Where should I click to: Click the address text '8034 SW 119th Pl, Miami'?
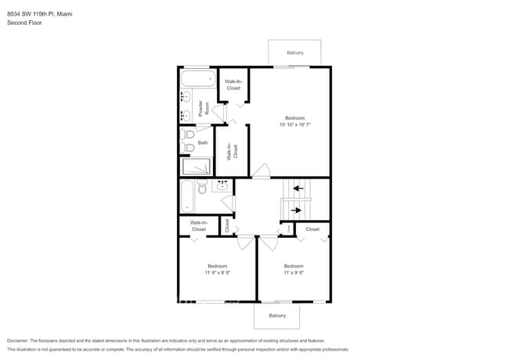(39, 13)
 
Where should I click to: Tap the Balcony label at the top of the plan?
(294, 52)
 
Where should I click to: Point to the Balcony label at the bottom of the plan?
(277, 315)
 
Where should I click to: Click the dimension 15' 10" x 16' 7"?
(294, 124)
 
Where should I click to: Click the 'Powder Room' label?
(204, 110)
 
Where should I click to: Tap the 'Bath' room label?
(203, 142)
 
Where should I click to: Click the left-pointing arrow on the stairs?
(296, 189)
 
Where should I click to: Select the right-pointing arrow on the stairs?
(296, 210)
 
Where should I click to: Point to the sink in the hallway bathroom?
(222, 186)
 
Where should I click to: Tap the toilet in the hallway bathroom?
(202, 188)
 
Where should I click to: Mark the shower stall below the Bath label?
(197, 167)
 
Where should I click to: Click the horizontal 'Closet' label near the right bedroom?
(312, 229)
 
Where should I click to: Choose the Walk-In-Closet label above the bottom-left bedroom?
(198, 226)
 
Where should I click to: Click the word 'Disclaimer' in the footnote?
(21, 341)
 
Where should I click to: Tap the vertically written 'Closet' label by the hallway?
(227, 225)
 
